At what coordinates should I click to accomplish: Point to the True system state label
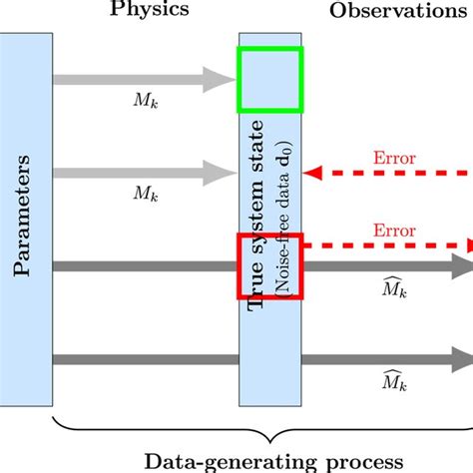click(x=257, y=214)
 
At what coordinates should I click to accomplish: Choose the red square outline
click(x=269, y=265)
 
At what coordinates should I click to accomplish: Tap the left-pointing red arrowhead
click(x=312, y=175)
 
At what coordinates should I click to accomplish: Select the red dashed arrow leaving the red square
click(x=389, y=245)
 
